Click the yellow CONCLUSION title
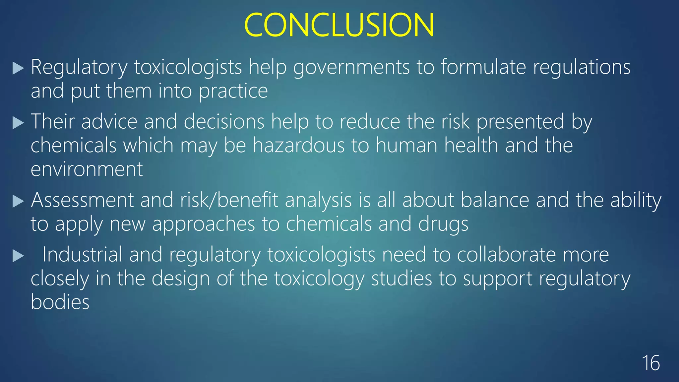339,25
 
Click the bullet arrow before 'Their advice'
18,123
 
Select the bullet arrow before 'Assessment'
18,201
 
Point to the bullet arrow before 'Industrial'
18,256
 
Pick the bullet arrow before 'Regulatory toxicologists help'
18,68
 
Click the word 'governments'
351,68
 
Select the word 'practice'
233,92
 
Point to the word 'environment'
87,169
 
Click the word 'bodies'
60,302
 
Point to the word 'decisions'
224,122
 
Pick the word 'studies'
401,279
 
